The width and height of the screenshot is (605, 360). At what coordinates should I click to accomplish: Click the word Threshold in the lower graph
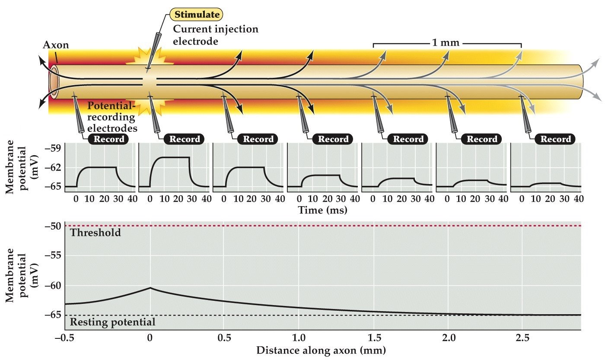95,233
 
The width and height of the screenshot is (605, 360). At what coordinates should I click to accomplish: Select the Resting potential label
112,322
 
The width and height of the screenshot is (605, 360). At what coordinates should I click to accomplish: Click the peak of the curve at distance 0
150,287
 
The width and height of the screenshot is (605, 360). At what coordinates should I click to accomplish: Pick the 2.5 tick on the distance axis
522,338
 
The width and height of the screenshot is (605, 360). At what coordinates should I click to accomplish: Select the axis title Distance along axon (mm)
321,349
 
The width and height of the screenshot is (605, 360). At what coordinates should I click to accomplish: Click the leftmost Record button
110,139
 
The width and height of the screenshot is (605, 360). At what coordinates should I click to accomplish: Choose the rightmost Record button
555,139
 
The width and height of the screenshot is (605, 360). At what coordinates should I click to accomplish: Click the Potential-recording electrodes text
112,117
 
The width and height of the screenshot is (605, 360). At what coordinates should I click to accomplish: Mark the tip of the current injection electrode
148,68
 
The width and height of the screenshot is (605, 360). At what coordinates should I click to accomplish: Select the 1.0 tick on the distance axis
298,338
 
